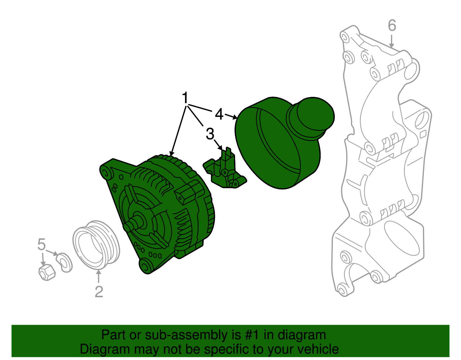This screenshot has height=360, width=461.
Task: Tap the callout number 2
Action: [99, 292]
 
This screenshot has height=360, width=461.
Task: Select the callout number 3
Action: [210, 134]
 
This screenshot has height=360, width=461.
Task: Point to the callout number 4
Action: [219, 114]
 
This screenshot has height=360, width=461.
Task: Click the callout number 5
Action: [41, 245]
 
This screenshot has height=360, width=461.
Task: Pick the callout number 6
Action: [392, 26]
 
